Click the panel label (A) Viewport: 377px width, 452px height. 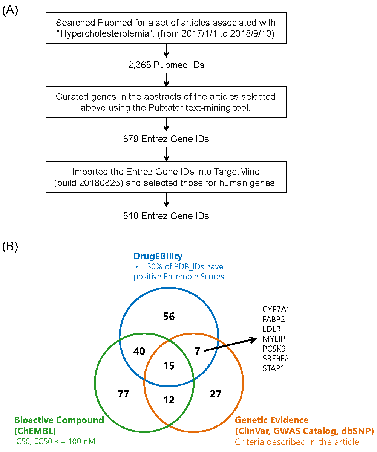pyautogui.click(x=10, y=10)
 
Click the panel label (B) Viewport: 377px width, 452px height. pyautogui.click(x=10, y=247)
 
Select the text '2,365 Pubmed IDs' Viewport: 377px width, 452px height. pyautogui.click(x=166, y=65)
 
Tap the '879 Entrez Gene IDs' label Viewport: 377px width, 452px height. pyautogui.click(x=166, y=139)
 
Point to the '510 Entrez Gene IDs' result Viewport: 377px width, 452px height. pyautogui.click(x=166, y=216)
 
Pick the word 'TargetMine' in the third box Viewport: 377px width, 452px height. pyautogui.click(x=237, y=172)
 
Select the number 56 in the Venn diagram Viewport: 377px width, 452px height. pyautogui.click(x=169, y=316)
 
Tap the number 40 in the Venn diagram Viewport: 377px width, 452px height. pyautogui.click(x=139, y=351)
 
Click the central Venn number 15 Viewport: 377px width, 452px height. pyautogui.click(x=169, y=365)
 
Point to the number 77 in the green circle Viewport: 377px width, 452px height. pyautogui.click(x=123, y=394)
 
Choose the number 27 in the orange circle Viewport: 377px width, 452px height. pyautogui.click(x=215, y=394)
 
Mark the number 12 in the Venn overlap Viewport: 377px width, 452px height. pyautogui.click(x=169, y=400)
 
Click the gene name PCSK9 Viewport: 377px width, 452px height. pyautogui.click(x=274, y=349)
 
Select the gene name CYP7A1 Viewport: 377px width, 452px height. pyautogui.click(x=276, y=309)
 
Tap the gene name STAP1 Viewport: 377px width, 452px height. pyautogui.click(x=273, y=368)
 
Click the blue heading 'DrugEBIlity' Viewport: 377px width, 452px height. pyautogui.click(x=158, y=256)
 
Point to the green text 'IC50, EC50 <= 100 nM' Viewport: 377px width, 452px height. pyautogui.click(x=55, y=441)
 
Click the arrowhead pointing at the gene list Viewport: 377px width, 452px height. pyautogui.click(x=253, y=340)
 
